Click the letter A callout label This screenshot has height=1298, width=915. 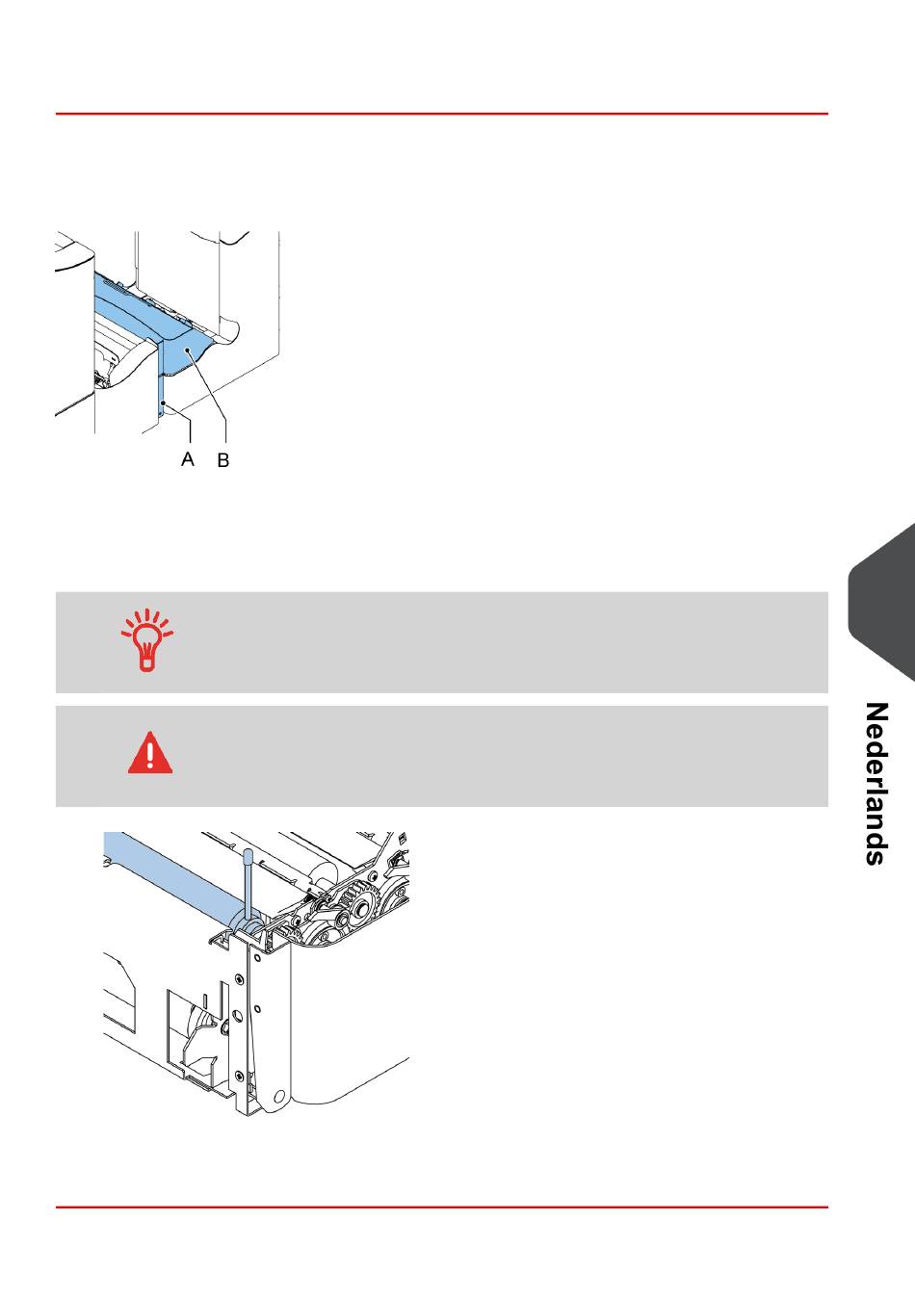(188, 459)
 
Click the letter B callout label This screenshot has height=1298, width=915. (222, 461)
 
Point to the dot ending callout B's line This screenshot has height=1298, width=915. (192, 354)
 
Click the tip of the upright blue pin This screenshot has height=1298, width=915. (248, 853)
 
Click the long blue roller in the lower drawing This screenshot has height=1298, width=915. (169, 872)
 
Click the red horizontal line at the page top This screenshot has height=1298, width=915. (441, 114)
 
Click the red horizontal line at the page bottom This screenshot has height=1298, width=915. (441, 1207)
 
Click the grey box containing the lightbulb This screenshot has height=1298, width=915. (441, 642)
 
